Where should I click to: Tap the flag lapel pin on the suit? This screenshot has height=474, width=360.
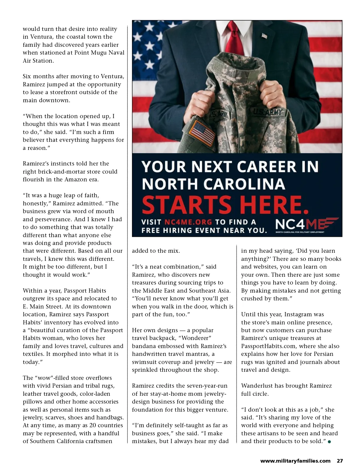264,36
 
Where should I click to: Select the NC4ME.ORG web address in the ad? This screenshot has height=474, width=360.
188,222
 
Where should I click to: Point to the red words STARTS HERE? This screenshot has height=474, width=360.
225,204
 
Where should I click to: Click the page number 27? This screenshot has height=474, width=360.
340,461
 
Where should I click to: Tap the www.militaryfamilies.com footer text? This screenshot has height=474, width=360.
295,461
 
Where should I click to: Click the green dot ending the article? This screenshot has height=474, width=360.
329,442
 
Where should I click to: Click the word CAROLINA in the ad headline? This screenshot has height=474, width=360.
245,183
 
